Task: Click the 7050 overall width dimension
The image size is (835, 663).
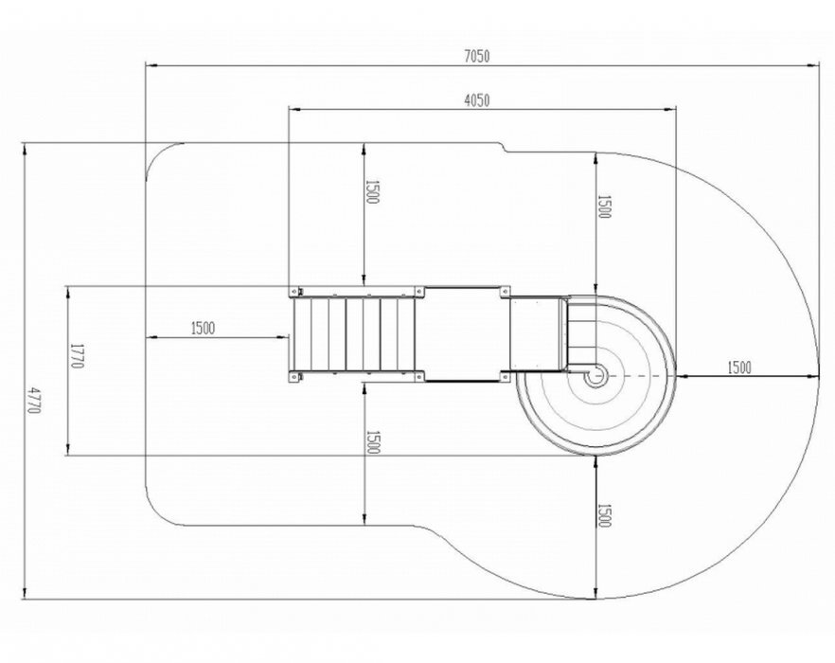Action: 477,56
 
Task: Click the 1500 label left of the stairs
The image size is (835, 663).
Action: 203,329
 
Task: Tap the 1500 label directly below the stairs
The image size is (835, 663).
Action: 372,441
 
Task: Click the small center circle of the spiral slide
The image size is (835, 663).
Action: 594,377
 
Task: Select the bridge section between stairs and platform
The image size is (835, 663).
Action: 467,333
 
